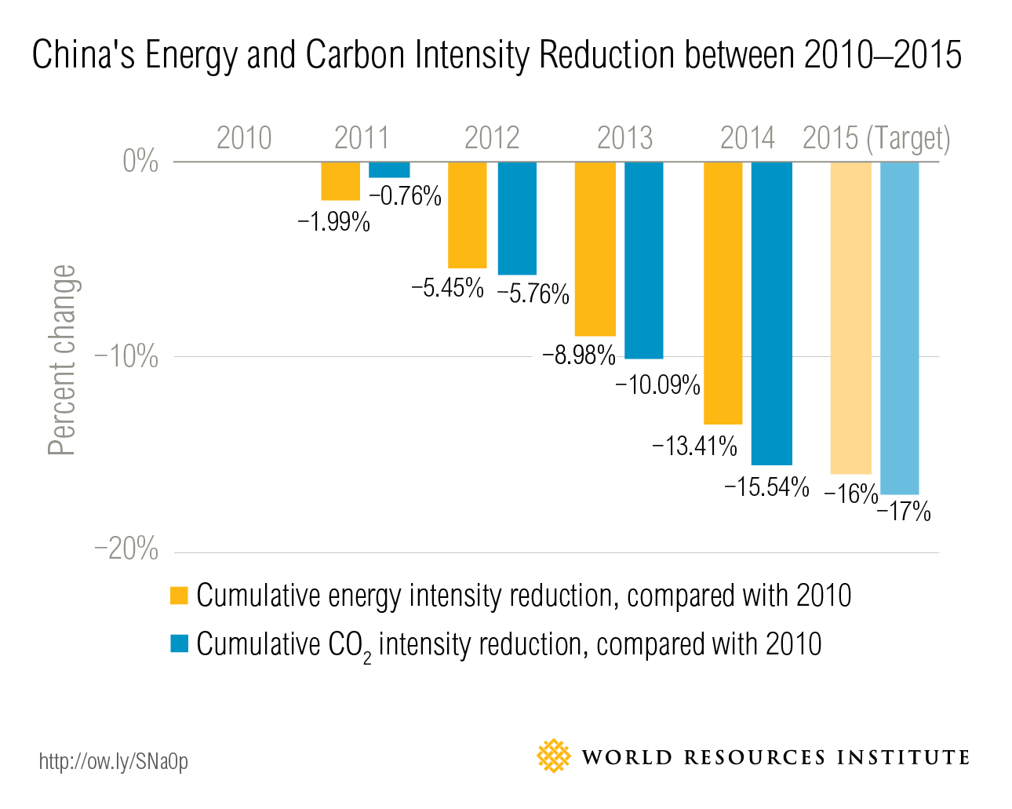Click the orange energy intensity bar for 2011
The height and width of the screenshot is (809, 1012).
point(340,181)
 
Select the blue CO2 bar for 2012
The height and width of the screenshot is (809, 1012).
point(517,218)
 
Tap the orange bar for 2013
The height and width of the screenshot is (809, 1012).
point(595,249)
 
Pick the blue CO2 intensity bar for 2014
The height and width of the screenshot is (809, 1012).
point(771,313)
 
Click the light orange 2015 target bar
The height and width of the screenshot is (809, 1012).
point(850,318)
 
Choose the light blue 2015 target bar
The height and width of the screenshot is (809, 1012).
point(899,328)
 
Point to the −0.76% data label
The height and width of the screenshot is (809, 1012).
point(405,195)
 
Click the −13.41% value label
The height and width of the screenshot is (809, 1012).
point(694,446)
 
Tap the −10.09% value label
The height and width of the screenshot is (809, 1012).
point(657,385)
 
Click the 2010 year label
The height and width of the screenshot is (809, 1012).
point(244,138)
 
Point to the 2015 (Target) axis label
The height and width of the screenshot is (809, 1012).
point(876,139)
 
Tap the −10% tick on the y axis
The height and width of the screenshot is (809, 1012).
point(126,357)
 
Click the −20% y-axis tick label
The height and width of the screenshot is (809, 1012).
point(126,549)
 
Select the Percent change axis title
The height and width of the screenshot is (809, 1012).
point(62,360)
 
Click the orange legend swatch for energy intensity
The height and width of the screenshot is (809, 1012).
point(180,596)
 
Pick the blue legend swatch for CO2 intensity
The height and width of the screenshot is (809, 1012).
point(180,643)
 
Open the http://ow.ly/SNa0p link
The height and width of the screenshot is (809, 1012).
point(114,761)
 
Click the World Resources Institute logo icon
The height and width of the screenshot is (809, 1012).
point(554,756)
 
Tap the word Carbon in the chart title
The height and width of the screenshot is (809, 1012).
point(356,55)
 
